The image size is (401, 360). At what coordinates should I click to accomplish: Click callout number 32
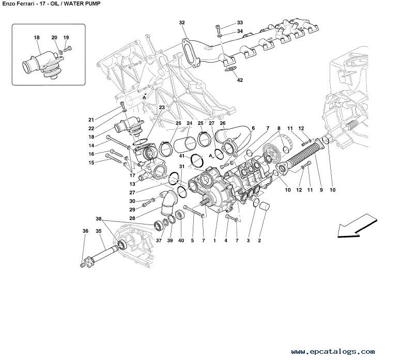[182, 23]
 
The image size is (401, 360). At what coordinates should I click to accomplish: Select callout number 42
[240, 80]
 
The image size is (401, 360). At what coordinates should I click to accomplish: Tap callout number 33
[240, 23]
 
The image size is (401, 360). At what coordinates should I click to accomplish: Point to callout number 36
[85, 231]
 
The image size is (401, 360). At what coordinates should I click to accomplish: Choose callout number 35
[99, 231]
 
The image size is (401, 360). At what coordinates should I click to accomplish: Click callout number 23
[162, 107]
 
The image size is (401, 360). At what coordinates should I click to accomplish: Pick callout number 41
[182, 156]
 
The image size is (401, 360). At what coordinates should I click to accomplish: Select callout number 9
[321, 190]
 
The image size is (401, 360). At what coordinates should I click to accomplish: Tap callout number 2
[259, 241]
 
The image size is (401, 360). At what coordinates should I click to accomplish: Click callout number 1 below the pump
[214, 241]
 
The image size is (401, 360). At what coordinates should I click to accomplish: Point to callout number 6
[253, 128]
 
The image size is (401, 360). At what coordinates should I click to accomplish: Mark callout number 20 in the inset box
[54, 38]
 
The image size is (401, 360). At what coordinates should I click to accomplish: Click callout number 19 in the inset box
[66, 38]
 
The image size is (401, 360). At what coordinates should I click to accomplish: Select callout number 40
[181, 241]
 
